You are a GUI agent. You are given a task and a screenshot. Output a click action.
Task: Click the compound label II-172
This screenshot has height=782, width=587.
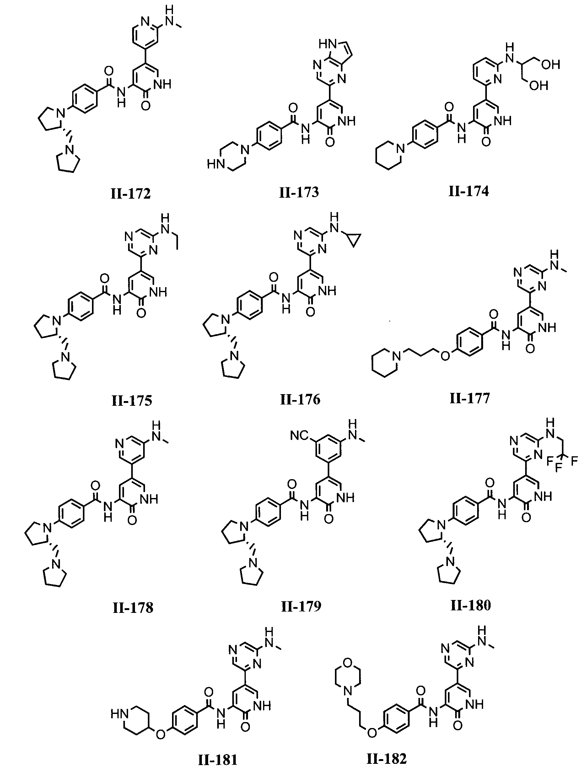[x=131, y=193]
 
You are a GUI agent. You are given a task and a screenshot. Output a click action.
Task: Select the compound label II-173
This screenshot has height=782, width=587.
[x=299, y=192]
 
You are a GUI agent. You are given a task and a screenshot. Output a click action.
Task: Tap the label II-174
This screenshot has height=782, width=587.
[x=469, y=191]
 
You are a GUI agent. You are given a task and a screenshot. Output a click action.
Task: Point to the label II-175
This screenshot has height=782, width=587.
[x=132, y=400]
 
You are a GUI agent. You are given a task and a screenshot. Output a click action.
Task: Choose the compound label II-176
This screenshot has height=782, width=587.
[x=300, y=399]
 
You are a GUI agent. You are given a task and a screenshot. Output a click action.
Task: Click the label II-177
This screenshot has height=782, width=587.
[x=470, y=399]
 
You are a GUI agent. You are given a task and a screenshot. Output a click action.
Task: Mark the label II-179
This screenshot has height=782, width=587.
[x=301, y=606]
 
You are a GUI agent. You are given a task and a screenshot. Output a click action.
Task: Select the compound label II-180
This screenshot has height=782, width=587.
[x=470, y=605]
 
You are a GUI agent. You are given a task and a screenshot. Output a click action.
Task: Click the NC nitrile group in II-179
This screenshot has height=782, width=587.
[x=299, y=436]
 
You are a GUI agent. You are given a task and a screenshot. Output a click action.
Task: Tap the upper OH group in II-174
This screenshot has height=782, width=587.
[x=550, y=65]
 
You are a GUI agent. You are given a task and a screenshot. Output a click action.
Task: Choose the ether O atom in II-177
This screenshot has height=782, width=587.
[x=445, y=356]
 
